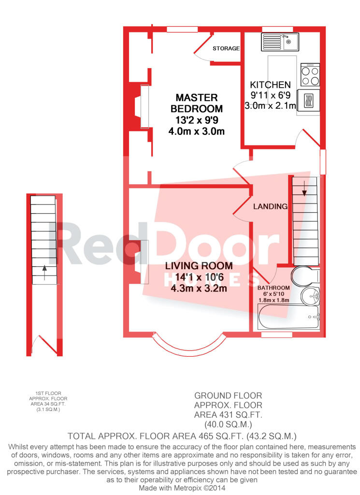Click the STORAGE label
coord(226,48)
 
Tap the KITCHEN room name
coord(270,85)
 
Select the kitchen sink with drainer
coord(280,42)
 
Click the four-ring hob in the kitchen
coord(310,75)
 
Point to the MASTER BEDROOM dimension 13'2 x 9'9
coord(197,120)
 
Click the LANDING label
coord(271,206)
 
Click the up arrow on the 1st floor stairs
coord(44,273)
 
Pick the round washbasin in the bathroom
coord(310,296)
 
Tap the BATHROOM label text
coord(274,288)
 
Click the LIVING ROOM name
coord(199,266)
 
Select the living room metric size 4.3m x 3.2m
coord(199,288)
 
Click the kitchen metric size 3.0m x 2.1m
coord(271,106)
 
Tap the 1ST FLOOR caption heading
coord(48,393)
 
